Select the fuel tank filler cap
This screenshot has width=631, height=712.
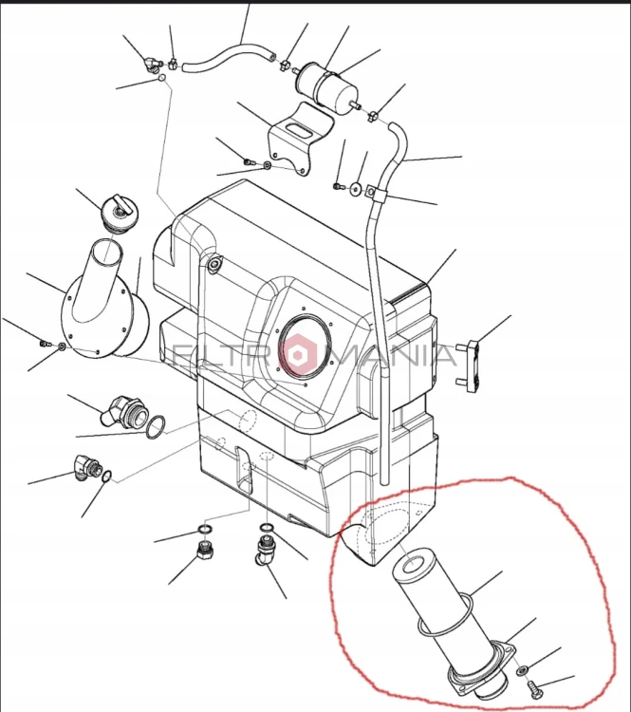[x=118, y=215]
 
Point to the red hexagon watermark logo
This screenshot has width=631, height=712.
[x=297, y=355]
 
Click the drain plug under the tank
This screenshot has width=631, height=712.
[x=205, y=551]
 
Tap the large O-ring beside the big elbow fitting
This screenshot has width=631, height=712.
[x=156, y=427]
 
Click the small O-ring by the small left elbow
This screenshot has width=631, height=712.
[x=106, y=477]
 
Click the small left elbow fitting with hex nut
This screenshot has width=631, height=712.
[x=86, y=468]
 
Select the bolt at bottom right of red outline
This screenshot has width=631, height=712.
[x=532, y=686]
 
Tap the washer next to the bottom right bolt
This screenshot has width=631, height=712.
[x=522, y=669]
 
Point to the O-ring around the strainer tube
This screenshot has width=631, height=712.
[x=445, y=616]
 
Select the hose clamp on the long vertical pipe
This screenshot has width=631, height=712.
[x=376, y=194]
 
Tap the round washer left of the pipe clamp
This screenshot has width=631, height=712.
[x=356, y=188]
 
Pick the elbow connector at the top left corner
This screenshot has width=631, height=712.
[x=151, y=65]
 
